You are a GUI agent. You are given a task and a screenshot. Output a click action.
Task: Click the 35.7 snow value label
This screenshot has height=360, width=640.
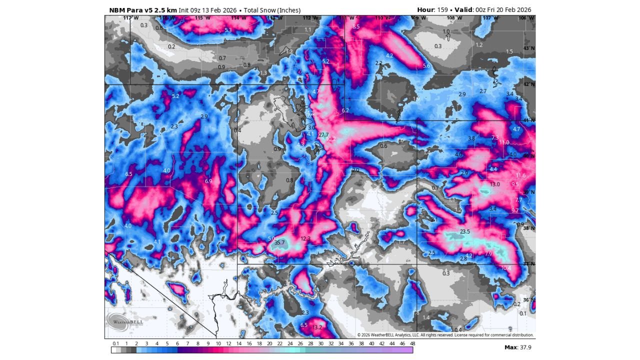tap(279, 242)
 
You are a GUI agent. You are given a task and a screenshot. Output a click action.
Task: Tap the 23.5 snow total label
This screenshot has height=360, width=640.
tap(465, 231)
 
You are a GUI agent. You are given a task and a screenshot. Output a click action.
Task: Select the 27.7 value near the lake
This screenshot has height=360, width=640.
tap(324, 135)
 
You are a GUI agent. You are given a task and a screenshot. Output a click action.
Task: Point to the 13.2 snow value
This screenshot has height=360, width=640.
tap(317, 327)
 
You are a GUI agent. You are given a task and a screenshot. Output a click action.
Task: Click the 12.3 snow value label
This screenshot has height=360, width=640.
tap(305, 239)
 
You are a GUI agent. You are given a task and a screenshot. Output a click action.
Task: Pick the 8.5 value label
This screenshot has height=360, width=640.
tap(356, 26)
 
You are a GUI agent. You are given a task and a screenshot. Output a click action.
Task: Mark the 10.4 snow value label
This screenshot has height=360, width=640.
tap(506, 268)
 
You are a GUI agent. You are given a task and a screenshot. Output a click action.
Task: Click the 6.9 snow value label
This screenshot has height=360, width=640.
tap(208, 181)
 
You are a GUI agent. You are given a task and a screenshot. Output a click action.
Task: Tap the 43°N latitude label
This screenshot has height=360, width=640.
tap(528, 48)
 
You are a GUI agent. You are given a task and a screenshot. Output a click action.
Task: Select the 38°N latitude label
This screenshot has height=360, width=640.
tap(528, 228)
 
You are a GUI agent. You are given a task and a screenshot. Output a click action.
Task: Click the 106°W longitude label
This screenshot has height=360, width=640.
tap(523, 18)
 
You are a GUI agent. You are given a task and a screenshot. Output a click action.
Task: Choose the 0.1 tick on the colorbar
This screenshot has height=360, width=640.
tap(115, 343)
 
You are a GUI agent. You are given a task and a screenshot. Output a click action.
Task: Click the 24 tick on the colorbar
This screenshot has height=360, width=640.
tap(290, 343)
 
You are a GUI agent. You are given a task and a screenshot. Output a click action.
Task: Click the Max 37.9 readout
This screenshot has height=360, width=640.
tap(517, 347)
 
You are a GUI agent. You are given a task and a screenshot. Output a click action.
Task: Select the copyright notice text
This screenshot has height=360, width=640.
tap(445, 335)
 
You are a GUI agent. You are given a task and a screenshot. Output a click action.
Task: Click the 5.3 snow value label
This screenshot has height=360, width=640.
tap(228, 30)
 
